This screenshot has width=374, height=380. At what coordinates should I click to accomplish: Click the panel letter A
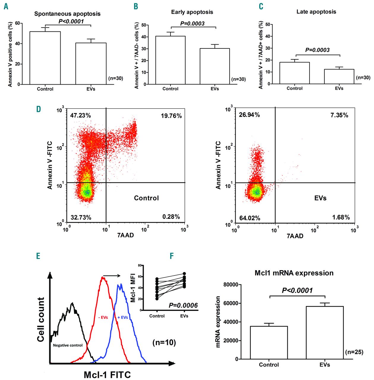point(6,7)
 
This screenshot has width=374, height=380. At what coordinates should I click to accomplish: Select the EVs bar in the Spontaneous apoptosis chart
point(91,64)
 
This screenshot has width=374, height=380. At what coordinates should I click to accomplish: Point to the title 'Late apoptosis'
point(316,12)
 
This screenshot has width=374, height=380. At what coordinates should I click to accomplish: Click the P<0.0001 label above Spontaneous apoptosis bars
point(71,21)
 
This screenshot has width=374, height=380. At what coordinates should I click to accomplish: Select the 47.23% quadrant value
point(81,115)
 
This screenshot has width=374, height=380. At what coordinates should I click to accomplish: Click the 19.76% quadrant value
point(171,116)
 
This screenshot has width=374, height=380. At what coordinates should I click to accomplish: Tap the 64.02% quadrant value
point(250,218)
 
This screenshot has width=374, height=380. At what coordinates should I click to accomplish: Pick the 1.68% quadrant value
point(341,217)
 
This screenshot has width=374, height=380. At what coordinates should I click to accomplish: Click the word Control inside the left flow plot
point(146,198)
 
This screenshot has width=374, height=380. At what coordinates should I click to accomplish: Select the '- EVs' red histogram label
point(103,317)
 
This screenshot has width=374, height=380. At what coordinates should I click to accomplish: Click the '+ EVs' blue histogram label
point(123,317)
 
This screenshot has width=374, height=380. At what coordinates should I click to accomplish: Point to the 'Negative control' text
point(68,345)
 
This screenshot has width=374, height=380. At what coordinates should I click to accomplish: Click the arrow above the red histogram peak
point(112,276)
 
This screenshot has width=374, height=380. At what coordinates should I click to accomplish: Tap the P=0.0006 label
point(183,305)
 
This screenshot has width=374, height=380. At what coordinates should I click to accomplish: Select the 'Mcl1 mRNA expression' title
point(294,273)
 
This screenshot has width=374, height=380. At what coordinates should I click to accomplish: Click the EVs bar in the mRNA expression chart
point(325,332)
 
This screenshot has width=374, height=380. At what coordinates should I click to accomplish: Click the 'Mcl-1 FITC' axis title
point(107,375)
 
